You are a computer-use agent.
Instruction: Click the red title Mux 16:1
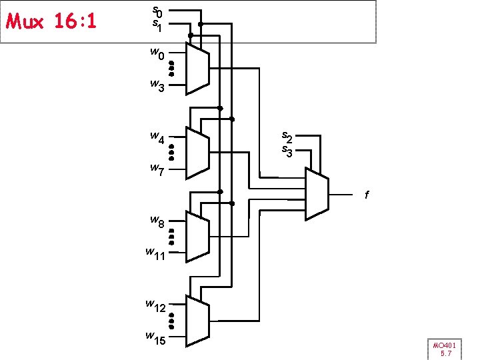click(x=51, y=21)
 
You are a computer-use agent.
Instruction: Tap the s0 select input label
click(x=157, y=12)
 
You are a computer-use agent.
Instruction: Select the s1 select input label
click(x=157, y=25)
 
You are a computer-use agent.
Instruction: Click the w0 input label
click(x=157, y=53)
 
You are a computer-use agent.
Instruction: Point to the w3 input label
click(x=157, y=85)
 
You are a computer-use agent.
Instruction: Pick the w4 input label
click(x=157, y=137)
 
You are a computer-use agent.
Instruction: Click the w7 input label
click(x=157, y=169)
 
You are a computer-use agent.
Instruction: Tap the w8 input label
click(x=157, y=221)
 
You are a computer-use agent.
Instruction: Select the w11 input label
click(x=155, y=254)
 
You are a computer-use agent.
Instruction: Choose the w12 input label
click(x=155, y=306)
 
